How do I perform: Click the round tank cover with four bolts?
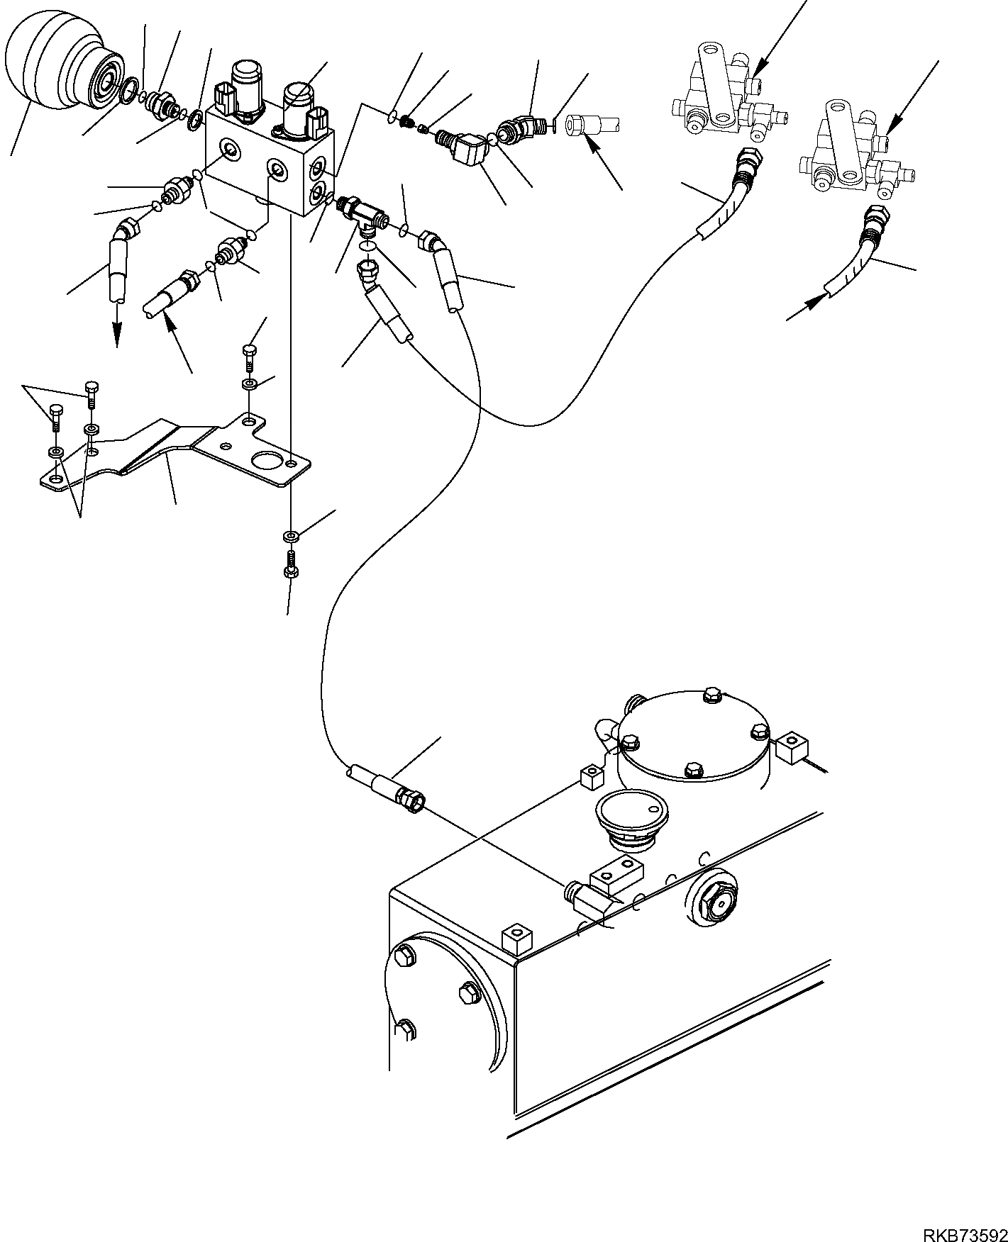pyautogui.click(x=694, y=735)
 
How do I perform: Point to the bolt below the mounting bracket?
pyautogui.click(x=290, y=562)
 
